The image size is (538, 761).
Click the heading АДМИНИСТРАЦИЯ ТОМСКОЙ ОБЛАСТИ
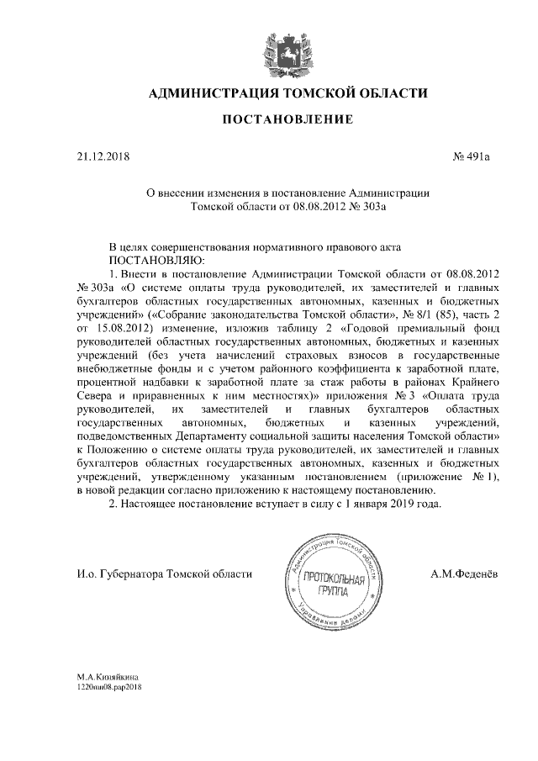pyautogui.click(x=287, y=93)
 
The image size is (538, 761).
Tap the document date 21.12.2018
pyautogui.click(x=99, y=156)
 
